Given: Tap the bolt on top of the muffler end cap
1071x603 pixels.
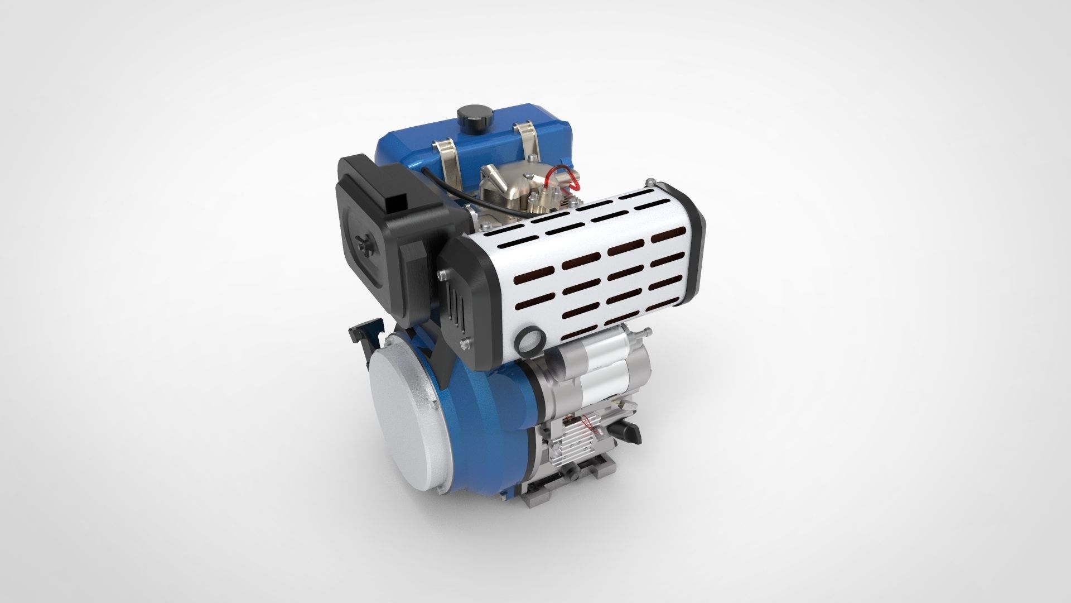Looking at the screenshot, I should click(x=650, y=182).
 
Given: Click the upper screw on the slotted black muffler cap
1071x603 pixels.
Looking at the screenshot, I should click(x=442, y=274).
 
